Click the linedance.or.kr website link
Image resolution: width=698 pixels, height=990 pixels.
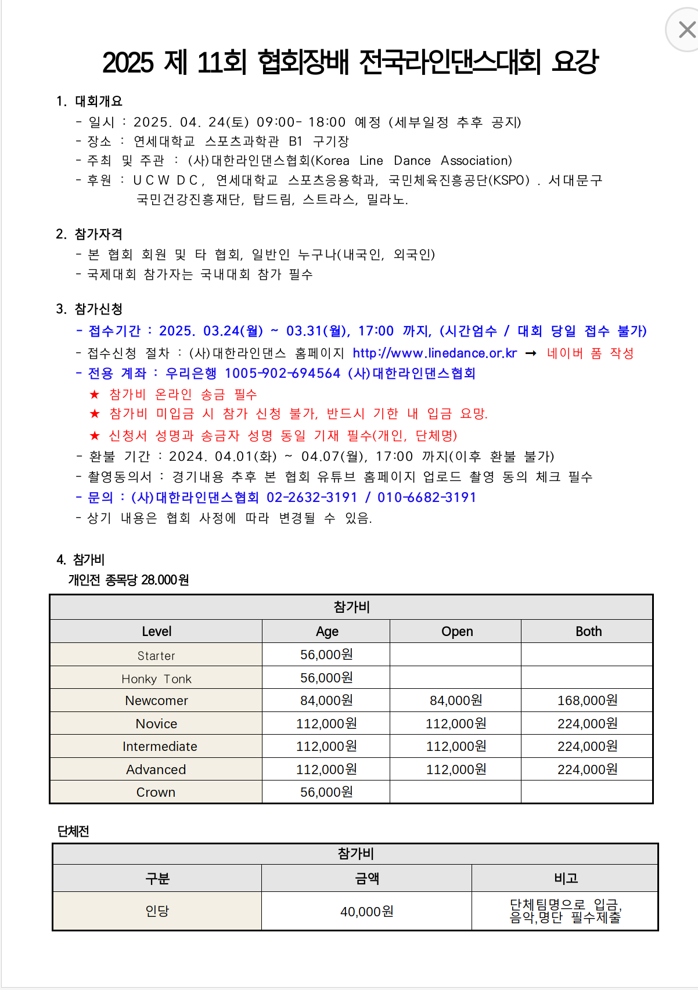434,353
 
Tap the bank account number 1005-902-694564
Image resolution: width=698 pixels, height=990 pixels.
282,374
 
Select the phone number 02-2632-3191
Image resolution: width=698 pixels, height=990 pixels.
312,498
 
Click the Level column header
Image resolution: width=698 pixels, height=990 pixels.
156,631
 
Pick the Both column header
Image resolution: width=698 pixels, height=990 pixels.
588,631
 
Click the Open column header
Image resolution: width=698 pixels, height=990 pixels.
457,631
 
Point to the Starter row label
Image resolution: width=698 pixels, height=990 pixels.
156,656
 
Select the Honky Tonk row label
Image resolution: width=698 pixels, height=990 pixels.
156,679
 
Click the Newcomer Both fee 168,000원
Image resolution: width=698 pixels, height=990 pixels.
587,701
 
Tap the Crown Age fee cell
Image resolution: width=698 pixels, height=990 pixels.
326,793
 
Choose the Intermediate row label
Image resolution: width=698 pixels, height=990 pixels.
160,747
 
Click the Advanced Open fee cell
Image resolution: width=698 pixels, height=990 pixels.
456,770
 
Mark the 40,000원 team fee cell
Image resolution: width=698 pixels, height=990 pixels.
366,912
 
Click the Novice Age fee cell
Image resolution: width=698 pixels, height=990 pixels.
326,724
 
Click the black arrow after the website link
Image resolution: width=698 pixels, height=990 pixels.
531,353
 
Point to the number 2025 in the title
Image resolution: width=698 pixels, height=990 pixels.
128,63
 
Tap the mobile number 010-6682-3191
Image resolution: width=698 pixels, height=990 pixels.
427,498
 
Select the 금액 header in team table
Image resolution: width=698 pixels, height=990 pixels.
367,879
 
